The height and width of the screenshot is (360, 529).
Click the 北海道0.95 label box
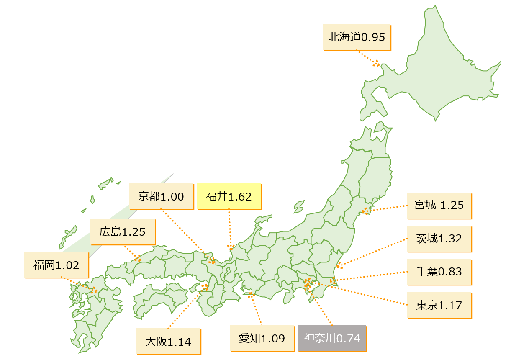coord(357,37)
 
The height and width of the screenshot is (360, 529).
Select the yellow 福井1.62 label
coord(229,196)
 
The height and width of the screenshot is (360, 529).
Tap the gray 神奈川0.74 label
coord(332,338)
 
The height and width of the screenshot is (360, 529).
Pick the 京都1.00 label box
coord(161,196)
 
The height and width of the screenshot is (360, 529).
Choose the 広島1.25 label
coord(123,231)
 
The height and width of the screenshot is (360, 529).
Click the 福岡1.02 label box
coord(56,265)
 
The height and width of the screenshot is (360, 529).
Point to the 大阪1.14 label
coord(168,342)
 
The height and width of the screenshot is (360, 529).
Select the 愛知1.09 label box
coord(262,338)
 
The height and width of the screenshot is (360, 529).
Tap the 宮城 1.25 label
coord(439,206)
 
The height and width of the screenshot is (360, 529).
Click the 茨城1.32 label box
coord(439,239)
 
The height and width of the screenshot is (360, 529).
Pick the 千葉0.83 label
coord(439,272)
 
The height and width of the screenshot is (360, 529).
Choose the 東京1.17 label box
coord(439,305)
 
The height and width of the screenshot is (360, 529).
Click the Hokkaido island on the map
coord(444,71)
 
